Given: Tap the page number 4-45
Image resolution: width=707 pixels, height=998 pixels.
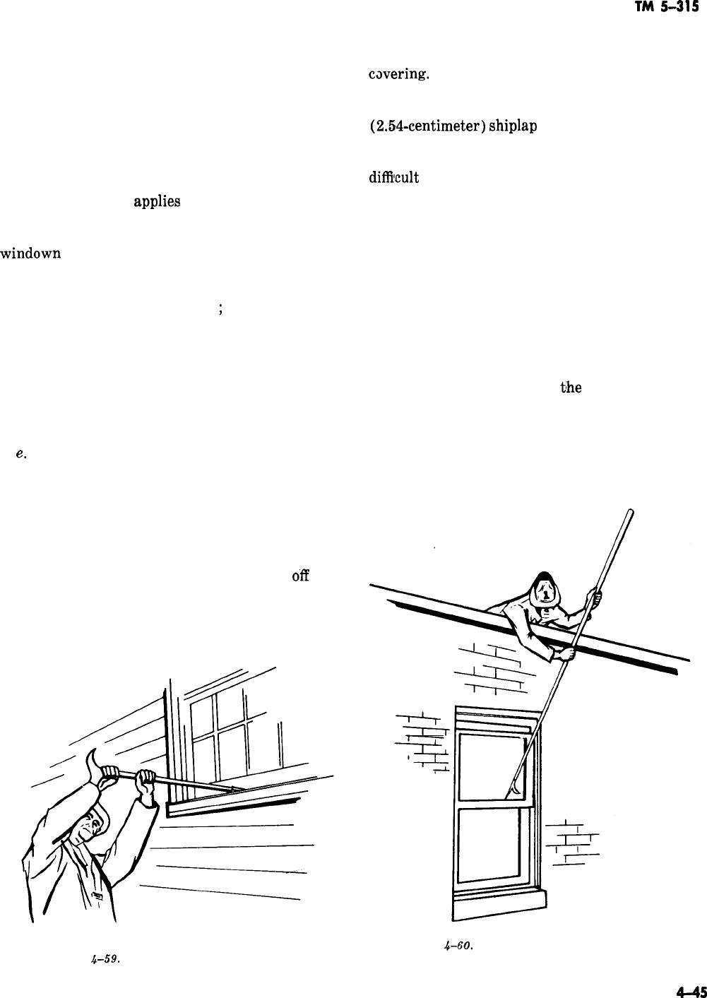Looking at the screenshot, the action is pyautogui.click(x=690, y=990).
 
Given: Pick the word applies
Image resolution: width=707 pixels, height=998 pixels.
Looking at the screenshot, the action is pyautogui.click(x=157, y=202).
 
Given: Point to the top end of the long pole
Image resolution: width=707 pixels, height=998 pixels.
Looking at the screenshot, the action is pyautogui.click(x=630, y=513).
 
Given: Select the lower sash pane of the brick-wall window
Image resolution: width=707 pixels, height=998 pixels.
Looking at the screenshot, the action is pyautogui.click(x=489, y=844).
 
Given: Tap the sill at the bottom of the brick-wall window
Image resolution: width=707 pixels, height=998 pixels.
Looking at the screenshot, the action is pyautogui.click(x=499, y=903).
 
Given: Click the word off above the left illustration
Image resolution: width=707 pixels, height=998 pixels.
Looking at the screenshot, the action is pyautogui.click(x=299, y=576).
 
